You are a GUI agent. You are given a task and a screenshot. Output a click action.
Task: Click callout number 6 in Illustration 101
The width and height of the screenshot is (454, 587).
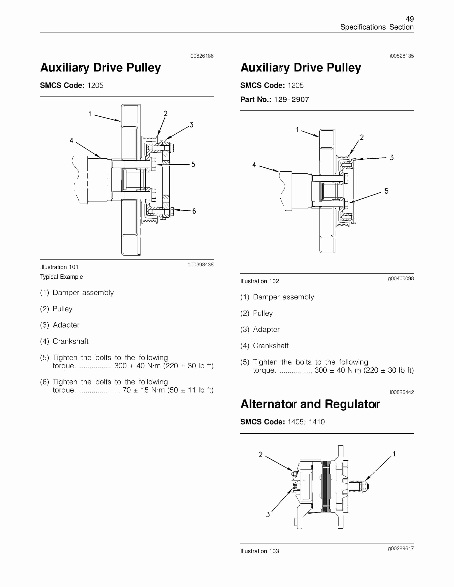[x=194, y=211]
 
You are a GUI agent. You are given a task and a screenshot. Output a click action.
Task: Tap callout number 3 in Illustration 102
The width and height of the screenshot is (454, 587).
[x=392, y=157]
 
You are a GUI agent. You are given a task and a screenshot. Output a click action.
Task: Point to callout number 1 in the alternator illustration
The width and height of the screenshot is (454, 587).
[x=394, y=454]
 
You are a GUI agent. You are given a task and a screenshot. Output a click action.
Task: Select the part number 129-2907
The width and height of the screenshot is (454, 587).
[x=291, y=100]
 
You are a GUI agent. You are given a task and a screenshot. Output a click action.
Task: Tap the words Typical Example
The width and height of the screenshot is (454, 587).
[x=61, y=277]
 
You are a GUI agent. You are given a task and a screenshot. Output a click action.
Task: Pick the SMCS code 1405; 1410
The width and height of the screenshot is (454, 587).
[x=306, y=422]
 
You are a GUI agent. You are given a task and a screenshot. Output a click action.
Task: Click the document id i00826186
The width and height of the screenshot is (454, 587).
[x=201, y=56]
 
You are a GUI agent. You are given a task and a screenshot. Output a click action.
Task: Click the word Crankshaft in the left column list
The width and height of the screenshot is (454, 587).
[x=70, y=341]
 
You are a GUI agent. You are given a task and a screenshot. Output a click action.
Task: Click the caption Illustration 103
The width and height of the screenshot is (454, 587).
[x=259, y=551]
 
